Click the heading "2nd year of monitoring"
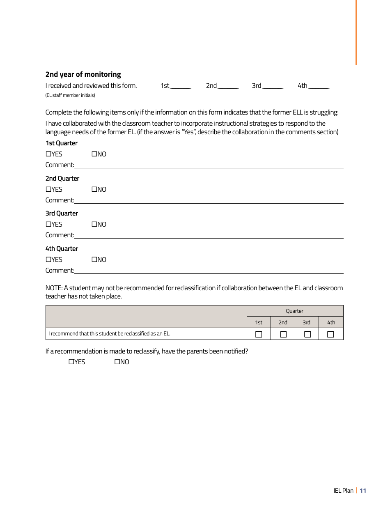(x=83, y=74)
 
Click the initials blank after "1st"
(x=181, y=86)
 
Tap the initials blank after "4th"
(x=319, y=86)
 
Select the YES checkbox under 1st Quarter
(x=48, y=154)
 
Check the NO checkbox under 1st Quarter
(x=94, y=154)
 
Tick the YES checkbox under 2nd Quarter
(x=48, y=189)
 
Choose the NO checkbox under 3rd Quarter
(x=94, y=224)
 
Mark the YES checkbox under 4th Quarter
(x=48, y=259)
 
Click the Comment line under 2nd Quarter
(x=209, y=201)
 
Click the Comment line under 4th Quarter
(x=209, y=271)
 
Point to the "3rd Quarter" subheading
(x=62, y=213)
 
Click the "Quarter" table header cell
(x=295, y=311)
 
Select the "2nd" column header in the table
(x=283, y=322)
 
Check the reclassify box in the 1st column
(x=259, y=334)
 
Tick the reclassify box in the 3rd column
(x=307, y=334)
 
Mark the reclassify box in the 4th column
(x=330, y=334)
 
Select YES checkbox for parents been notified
(x=71, y=362)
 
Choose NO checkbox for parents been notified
(x=117, y=362)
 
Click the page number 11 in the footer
(x=363, y=491)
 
